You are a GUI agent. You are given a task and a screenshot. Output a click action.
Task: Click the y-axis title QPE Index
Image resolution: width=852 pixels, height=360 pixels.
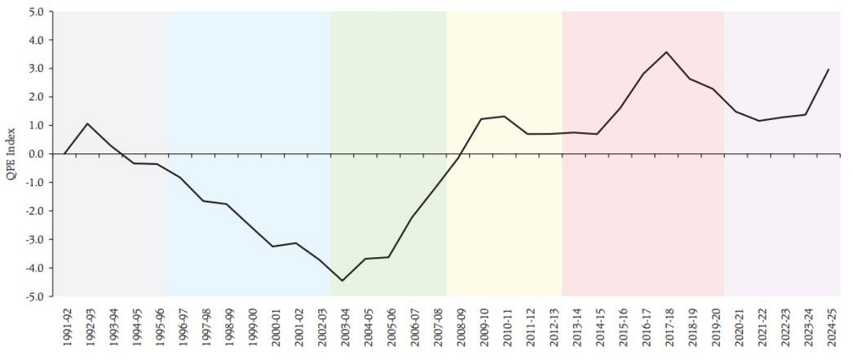(x=11, y=154)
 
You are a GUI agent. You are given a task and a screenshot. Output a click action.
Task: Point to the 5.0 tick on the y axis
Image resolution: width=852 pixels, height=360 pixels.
(x=36, y=12)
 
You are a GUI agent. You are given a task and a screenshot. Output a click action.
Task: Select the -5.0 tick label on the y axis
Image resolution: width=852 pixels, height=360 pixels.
(x=35, y=296)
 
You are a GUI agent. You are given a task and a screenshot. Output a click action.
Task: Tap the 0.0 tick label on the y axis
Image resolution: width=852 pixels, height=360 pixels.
(x=36, y=154)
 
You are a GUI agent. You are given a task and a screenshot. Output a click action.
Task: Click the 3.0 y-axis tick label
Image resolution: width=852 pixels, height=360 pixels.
(x=36, y=69)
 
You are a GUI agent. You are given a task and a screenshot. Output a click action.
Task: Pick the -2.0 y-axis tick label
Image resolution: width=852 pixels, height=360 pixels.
(x=35, y=211)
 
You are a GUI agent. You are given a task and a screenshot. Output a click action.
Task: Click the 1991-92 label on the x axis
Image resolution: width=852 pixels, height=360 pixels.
(x=65, y=326)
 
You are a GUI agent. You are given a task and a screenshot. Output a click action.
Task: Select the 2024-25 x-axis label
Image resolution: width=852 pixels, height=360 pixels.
(x=829, y=326)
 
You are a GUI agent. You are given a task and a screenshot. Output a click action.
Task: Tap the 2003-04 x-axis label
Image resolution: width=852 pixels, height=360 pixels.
(x=343, y=326)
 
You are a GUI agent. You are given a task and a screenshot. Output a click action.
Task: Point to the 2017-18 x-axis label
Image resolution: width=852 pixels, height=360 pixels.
(x=667, y=326)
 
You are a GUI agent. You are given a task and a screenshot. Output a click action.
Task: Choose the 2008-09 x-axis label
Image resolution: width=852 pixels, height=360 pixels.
(x=459, y=326)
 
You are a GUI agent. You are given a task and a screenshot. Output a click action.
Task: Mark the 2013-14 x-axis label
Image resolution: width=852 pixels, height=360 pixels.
(x=574, y=326)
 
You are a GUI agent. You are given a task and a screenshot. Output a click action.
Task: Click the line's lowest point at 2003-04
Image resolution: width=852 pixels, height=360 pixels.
(x=342, y=280)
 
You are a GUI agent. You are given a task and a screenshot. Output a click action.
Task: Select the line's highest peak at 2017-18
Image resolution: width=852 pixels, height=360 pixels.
(x=667, y=52)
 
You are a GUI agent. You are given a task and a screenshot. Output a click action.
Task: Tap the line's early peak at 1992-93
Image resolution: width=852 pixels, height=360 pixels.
(x=87, y=124)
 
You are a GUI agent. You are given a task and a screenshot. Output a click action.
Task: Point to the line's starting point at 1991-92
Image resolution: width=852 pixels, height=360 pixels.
(x=65, y=153)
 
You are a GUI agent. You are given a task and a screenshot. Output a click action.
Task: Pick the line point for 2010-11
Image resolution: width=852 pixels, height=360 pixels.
(x=505, y=116)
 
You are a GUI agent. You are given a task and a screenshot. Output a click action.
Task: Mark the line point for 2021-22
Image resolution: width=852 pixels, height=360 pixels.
(x=759, y=121)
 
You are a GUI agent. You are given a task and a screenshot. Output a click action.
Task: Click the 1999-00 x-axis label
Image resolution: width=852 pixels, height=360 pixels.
(x=250, y=326)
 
